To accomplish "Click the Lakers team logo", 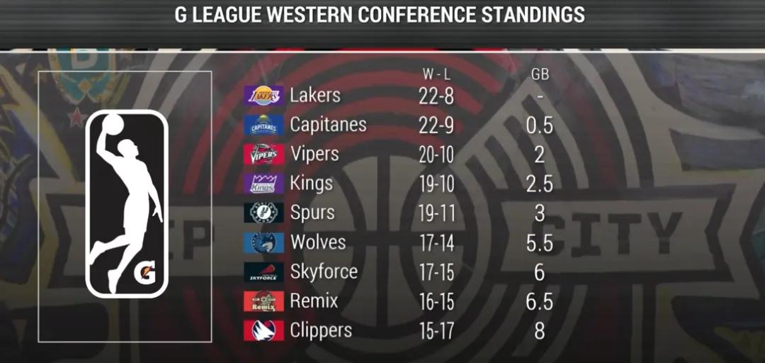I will [x=263, y=96].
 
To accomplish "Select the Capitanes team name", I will [x=328, y=125].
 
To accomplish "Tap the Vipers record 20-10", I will [x=436, y=155].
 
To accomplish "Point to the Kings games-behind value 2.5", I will [x=539, y=184].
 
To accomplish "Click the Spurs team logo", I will [x=263, y=213].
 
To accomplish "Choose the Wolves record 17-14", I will [x=436, y=242].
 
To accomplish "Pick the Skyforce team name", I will [x=324, y=272].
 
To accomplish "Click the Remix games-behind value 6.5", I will [x=539, y=301].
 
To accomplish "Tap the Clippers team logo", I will [x=263, y=330].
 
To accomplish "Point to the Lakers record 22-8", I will [x=436, y=96].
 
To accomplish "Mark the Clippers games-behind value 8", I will [x=540, y=330].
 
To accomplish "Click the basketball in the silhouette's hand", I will [x=112, y=125].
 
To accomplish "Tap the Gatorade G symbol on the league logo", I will [x=144, y=272].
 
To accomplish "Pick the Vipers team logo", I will [x=263, y=155].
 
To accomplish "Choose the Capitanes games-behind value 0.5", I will [x=539, y=125].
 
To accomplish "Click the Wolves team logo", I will [x=263, y=242].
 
